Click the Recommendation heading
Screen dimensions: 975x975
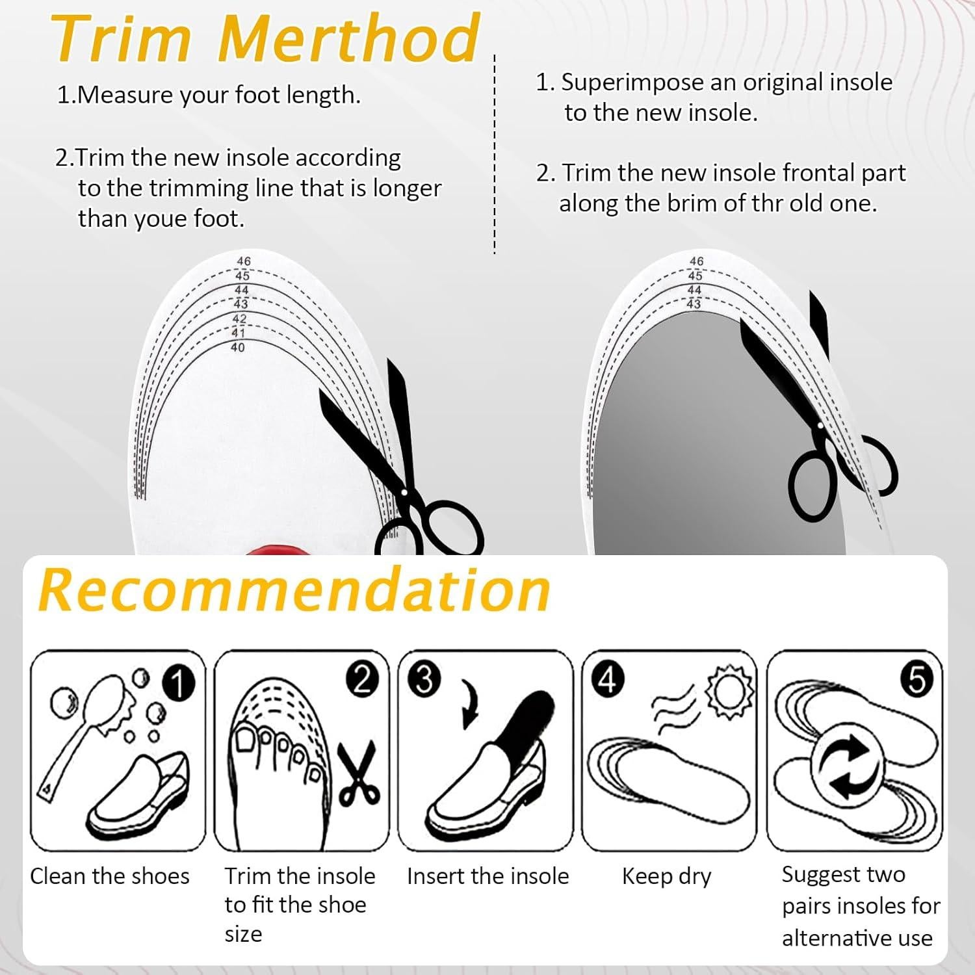tap(294, 590)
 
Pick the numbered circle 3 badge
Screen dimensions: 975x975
tap(424, 679)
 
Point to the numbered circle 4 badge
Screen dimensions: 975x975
tap(607, 679)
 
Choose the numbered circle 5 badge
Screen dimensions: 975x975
tap(916, 679)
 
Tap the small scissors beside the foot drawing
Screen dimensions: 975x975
tap(358, 773)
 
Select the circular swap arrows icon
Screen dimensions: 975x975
tap(848, 768)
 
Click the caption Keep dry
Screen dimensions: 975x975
tap(666, 877)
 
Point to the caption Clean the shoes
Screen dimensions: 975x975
tap(110, 876)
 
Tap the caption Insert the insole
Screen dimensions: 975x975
tap(488, 876)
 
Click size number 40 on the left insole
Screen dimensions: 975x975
tap(238, 348)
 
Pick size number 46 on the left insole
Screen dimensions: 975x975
tap(243, 261)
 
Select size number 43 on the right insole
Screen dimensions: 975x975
tap(694, 304)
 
